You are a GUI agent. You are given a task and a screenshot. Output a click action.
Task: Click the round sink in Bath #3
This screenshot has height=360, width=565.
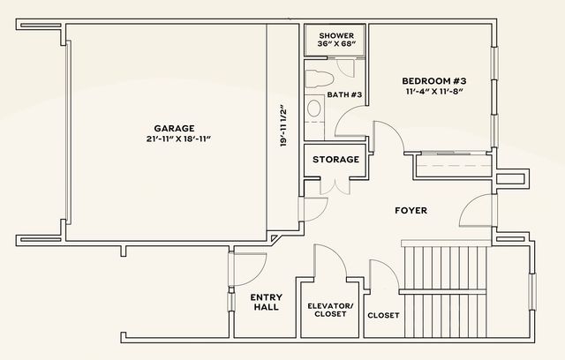coord(313,109)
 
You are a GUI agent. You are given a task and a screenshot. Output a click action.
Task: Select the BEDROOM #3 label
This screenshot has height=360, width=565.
coord(433,78)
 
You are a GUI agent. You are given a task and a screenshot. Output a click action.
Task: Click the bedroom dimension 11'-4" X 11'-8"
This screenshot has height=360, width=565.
coord(433,90)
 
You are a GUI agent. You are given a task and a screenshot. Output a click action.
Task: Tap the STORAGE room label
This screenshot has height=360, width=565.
coord(335,160)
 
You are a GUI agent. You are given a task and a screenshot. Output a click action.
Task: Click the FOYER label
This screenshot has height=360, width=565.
coord(411,211)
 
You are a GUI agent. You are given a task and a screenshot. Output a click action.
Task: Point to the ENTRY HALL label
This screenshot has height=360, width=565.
coord(266,302)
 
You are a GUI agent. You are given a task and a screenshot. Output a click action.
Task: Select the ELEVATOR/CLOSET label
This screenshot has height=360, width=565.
coord(329,310)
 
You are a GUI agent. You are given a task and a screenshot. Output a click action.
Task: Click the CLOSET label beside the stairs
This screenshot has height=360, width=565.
coord(382,315)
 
